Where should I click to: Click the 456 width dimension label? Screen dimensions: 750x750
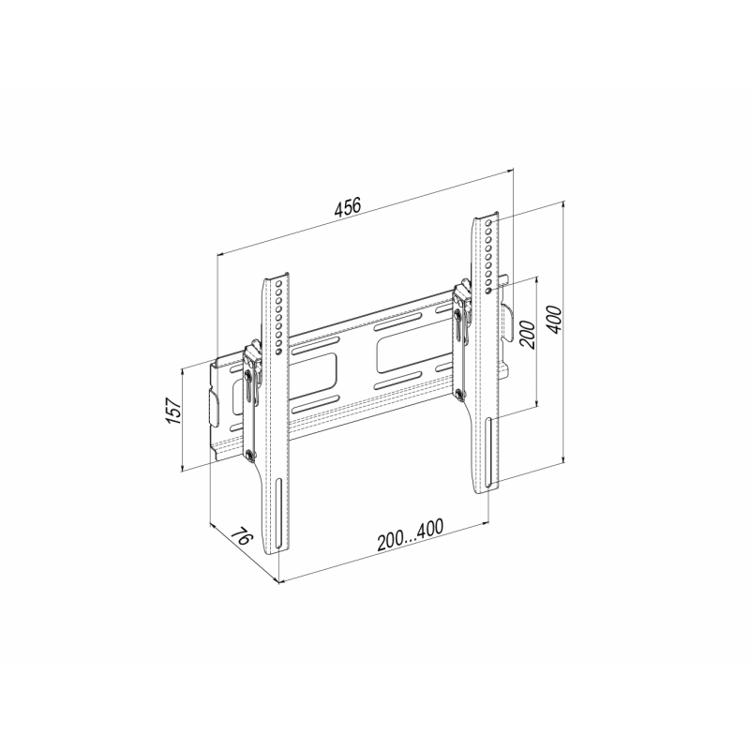tap(348, 207)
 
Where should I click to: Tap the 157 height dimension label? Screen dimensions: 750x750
tap(173, 411)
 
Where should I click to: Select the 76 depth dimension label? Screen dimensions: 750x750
tap(242, 536)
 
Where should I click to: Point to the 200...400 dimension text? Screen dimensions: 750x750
tap(410, 534)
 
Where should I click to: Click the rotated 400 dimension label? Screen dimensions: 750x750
tap(555, 320)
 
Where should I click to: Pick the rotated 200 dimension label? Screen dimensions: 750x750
tap(527, 335)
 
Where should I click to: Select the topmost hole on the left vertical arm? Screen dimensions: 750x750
tap(277, 283)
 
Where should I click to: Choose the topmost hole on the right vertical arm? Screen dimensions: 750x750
tap(487, 223)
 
